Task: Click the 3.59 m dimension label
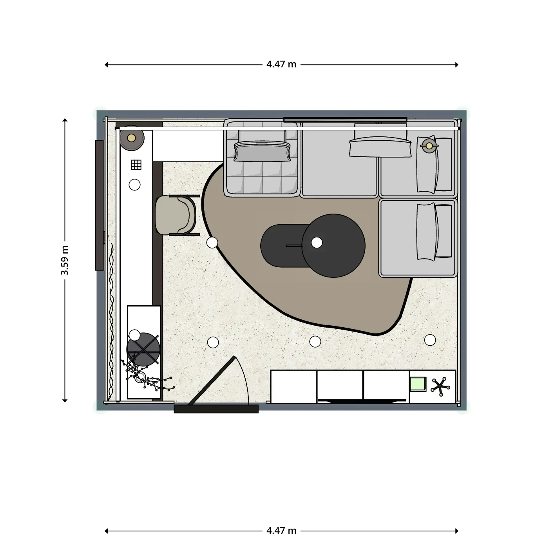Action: [x=65, y=260]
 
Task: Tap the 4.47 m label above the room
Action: [x=281, y=65]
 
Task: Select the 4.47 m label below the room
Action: [x=281, y=531]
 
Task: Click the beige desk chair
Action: [x=176, y=215]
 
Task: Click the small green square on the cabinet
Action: [x=418, y=384]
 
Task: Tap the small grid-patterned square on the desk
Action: [x=136, y=165]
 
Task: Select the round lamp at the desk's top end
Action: [x=131, y=138]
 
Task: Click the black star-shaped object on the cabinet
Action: [x=440, y=386]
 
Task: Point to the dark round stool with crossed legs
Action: [x=143, y=350]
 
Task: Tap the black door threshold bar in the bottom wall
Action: [x=216, y=409]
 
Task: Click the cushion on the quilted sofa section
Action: [x=262, y=152]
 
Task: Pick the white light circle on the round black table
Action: [x=317, y=243]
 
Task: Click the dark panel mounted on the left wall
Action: [x=99, y=205]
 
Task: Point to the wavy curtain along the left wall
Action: [x=111, y=321]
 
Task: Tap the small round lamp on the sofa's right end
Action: [x=429, y=146]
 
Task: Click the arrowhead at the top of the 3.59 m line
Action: [x=65, y=120]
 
